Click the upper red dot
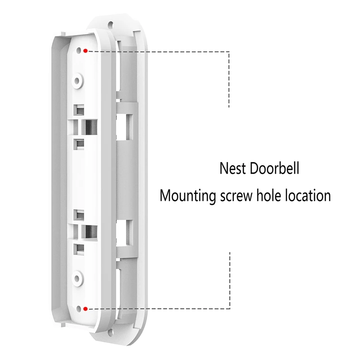click(85, 51)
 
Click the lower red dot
click(85, 309)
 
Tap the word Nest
click(233, 169)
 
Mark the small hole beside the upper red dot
click(80, 50)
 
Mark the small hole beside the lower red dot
click(80, 309)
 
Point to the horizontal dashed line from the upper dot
click(157, 51)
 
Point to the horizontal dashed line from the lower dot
click(157, 309)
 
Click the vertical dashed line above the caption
click(229, 79)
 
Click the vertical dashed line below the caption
click(229, 279)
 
